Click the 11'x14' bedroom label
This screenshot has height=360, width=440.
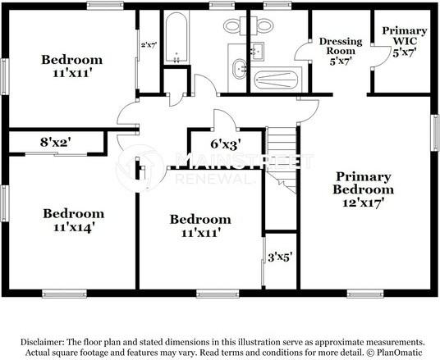tap(73, 221)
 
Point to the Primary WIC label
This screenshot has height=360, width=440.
tap(405, 40)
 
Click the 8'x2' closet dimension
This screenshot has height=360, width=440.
tap(55, 141)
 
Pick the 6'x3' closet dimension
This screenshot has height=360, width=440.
tap(224, 144)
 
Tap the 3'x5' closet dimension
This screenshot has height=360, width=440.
tap(280, 256)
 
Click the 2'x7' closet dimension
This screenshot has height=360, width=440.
tap(149, 45)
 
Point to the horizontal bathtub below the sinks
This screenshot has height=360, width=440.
tap(277, 80)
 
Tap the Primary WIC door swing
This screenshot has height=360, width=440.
tap(378, 56)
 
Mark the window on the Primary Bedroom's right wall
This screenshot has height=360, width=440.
tap(435, 132)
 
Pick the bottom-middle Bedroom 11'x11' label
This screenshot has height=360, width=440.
tap(200, 226)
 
